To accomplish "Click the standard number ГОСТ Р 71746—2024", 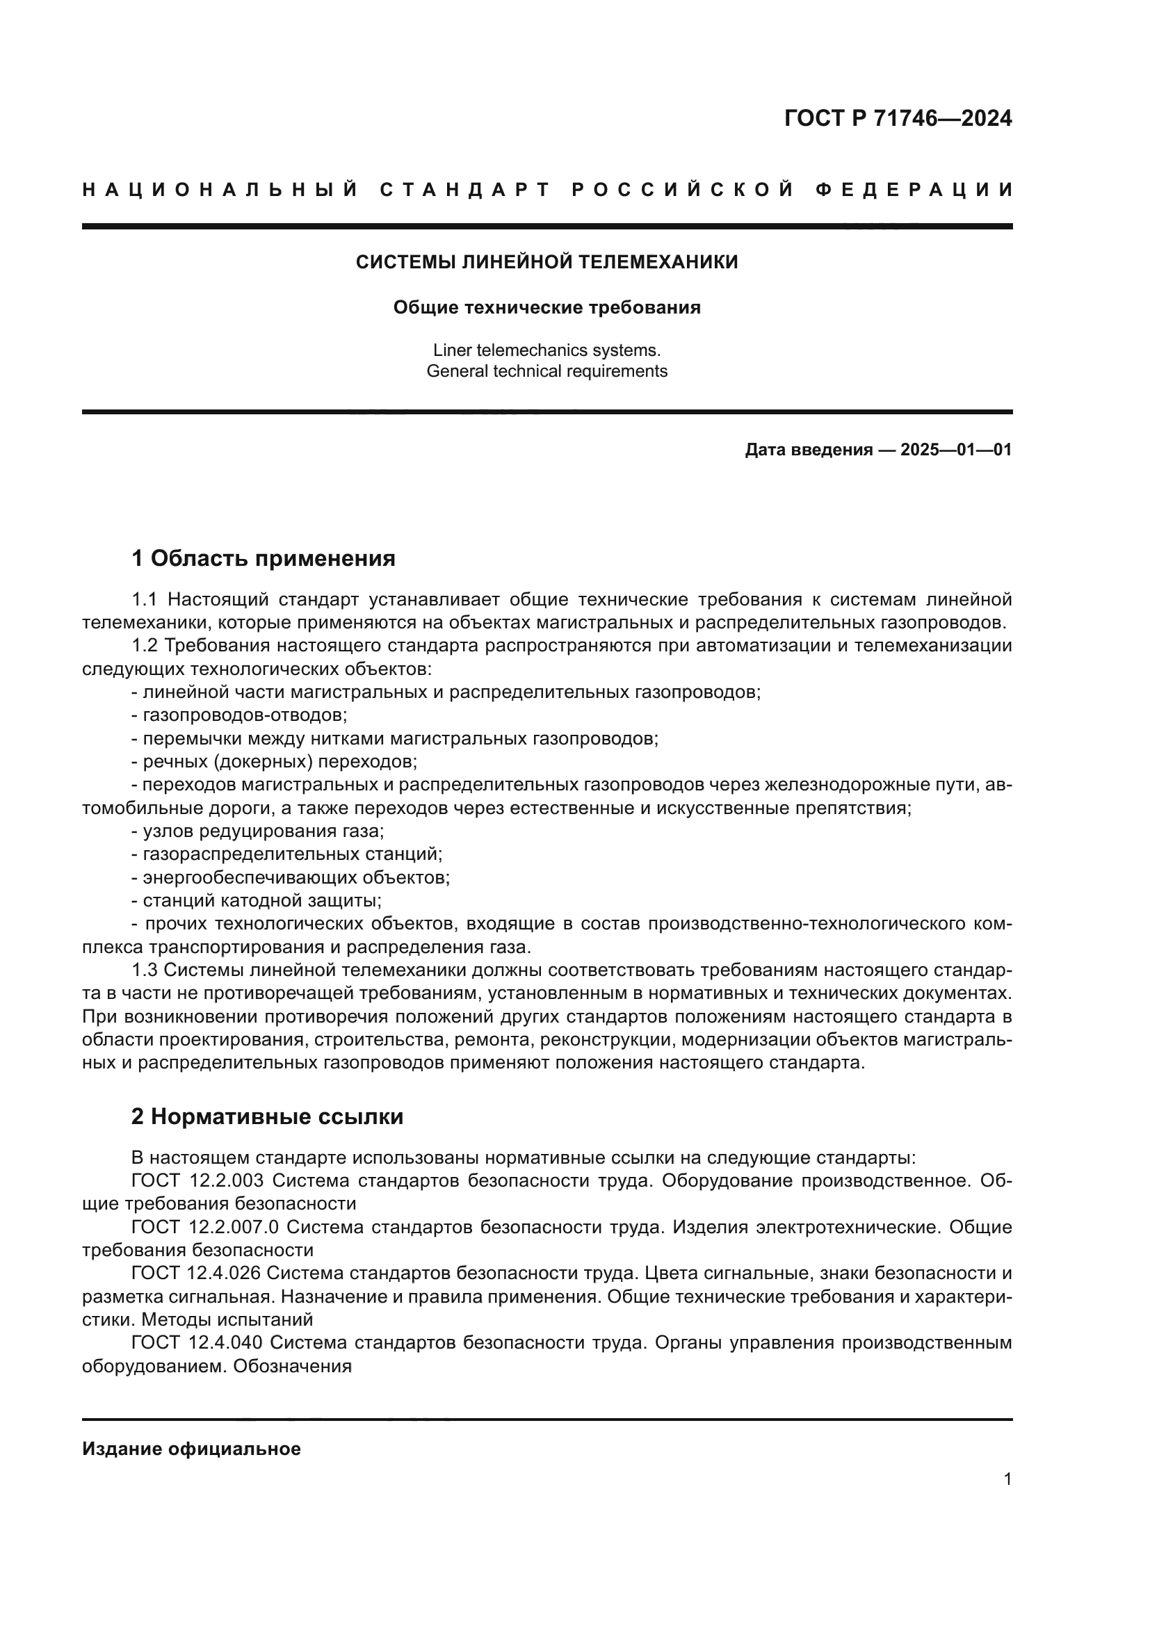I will (897, 118).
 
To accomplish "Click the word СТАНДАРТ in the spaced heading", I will (465, 190).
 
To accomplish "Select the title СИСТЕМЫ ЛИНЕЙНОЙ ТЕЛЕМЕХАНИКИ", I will (546, 262).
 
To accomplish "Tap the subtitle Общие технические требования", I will (546, 307).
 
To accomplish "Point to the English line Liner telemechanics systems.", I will (546, 350).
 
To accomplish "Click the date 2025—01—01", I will (955, 450).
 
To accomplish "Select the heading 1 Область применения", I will (264, 559).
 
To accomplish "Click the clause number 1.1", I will (144, 600).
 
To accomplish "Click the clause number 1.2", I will (144, 646).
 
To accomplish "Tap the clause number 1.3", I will (144, 970).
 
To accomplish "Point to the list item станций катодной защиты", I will (261, 901).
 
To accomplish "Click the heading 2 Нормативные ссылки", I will (267, 1117).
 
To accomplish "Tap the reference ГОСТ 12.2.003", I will (197, 1180).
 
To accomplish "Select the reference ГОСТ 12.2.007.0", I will (205, 1226).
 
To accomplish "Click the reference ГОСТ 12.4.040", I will (197, 1342).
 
